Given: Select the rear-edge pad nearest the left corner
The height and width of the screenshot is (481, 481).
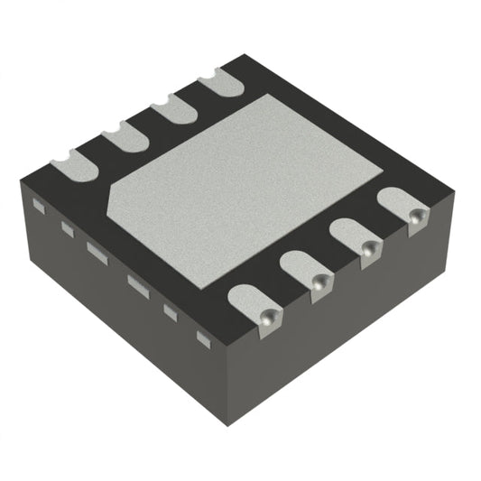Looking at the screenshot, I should [x=72, y=165].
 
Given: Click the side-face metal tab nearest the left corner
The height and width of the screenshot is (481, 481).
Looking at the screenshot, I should [x=38, y=206].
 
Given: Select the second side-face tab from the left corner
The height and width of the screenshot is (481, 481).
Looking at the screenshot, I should [x=67, y=229].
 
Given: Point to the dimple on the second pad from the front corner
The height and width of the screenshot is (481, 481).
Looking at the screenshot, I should [x=317, y=282].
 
